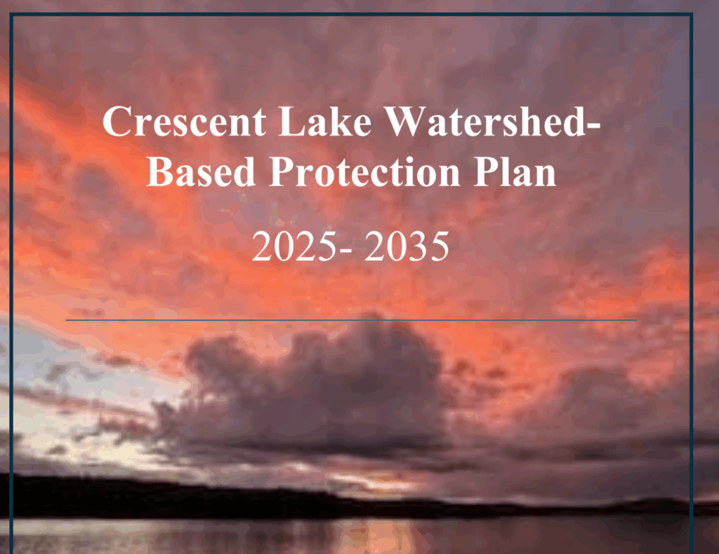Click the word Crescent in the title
(x=184, y=121)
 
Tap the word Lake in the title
(x=324, y=121)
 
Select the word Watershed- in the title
(x=492, y=121)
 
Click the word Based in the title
(x=200, y=171)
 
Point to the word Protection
(x=365, y=171)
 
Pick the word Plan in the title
(x=515, y=171)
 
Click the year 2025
(x=294, y=246)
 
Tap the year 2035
(x=407, y=246)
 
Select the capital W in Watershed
(x=405, y=121)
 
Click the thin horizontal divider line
(x=351, y=319)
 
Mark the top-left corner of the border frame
(x=11, y=15)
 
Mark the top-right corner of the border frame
(x=691, y=15)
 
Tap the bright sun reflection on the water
(x=381, y=536)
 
